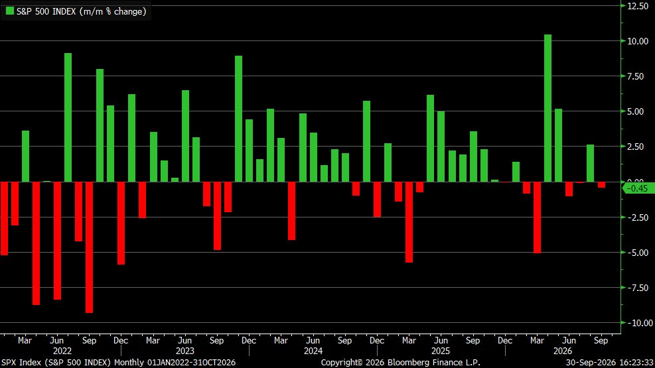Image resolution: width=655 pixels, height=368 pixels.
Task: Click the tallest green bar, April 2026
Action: tap(547, 108)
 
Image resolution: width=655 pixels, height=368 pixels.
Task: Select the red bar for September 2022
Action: tap(89, 247)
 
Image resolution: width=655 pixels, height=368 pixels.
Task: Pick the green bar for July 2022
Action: tap(68, 117)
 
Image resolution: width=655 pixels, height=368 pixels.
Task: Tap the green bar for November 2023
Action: tap(238, 119)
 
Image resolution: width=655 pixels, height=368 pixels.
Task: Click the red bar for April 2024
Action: tap(291, 211)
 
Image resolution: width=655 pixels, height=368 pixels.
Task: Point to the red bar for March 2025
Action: tap(409, 222)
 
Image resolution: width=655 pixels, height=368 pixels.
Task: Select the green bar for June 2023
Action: tap(185, 136)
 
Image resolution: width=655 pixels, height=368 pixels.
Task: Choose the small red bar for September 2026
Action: tap(601, 185)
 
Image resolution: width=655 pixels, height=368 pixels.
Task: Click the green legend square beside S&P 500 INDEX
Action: tap(9, 11)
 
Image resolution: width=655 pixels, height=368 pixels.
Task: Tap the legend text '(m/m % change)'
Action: tap(114, 12)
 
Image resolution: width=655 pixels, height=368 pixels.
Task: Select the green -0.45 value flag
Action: tap(638, 188)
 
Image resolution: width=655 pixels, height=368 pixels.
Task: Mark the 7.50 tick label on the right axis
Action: tap(638, 76)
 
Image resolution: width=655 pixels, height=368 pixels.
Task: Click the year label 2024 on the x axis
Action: tap(313, 351)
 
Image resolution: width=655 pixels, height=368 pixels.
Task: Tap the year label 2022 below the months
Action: tap(62, 351)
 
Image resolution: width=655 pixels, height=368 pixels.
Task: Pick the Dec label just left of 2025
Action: tap(377, 340)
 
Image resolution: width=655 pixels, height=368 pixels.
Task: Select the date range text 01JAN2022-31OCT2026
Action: tap(191, 363)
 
